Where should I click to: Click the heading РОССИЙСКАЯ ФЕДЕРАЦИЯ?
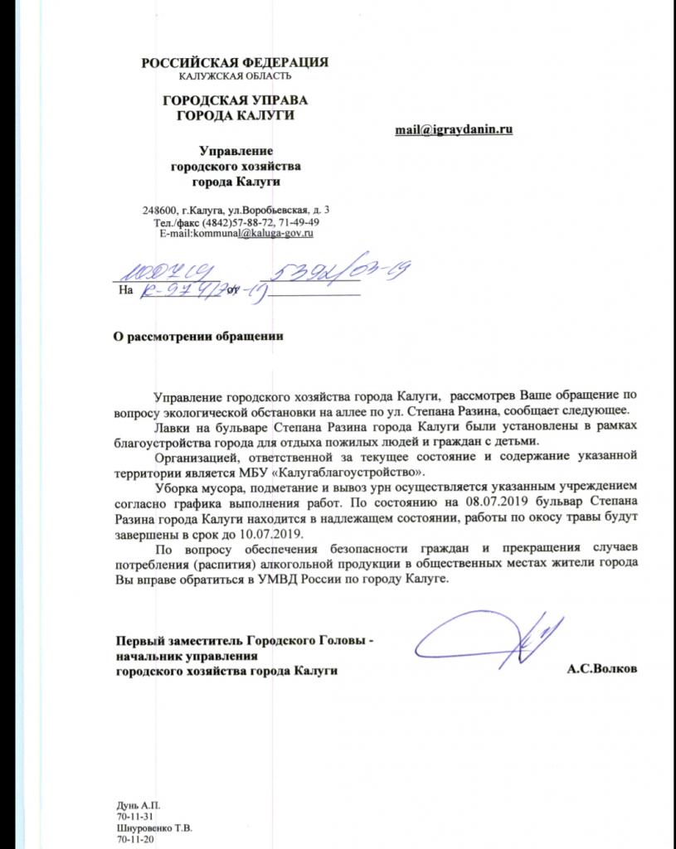point(235,62)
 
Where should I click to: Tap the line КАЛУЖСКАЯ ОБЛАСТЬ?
point(235,76)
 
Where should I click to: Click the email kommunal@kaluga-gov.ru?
point(252,235)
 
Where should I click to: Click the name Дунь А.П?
point(138,807)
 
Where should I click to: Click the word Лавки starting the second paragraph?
point(173,427)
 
